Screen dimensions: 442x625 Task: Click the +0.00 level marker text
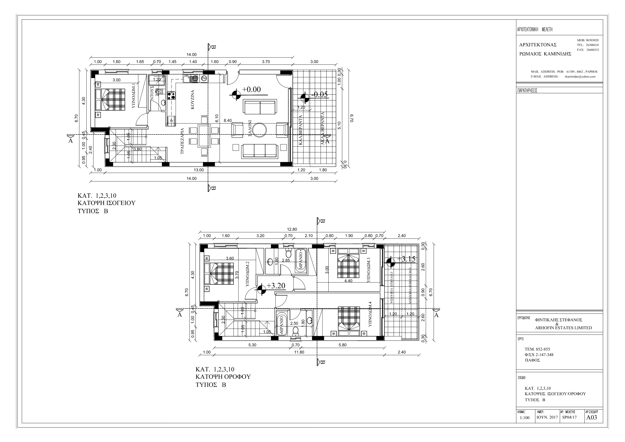(x=251, y=89)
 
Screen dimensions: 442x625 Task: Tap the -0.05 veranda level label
(x=320, y=94)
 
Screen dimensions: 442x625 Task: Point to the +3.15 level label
(x=406, y=259)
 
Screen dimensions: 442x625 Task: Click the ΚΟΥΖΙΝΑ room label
(x=193, y=100)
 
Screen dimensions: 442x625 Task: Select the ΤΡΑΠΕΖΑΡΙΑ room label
(x=183, y=141)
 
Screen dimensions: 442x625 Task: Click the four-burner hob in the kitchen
(x=171, y=95)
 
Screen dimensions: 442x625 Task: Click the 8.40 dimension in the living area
(x=228, y=120)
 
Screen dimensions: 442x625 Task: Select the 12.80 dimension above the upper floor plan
(x=292, y=229)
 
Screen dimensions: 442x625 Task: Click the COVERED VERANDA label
(x=391, y=288)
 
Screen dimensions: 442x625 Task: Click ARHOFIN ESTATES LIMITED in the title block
(x=563, y=328)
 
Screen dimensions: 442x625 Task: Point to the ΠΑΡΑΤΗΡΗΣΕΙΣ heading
(x=527, y=91)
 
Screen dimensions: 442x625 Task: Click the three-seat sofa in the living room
(x=260, y=151)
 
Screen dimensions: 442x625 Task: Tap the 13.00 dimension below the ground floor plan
(x=198, y=170)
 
